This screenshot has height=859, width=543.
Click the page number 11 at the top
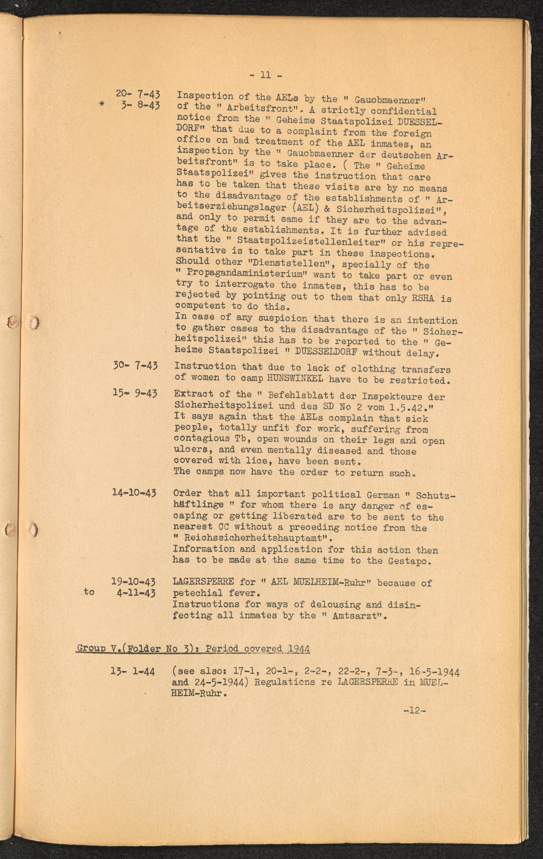click(266, 75)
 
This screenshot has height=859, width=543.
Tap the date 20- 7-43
click(138, 94)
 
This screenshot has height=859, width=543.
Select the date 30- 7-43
click(135, 366)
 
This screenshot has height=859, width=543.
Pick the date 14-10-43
click(134, 493)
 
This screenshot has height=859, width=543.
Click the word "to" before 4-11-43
click(89, 592)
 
